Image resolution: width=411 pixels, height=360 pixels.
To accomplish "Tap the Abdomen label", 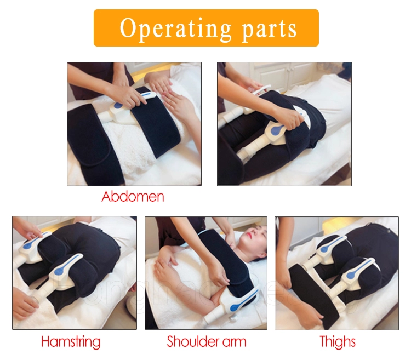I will click(133, 196).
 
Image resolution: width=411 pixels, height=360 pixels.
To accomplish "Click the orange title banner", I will click(206, 27).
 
